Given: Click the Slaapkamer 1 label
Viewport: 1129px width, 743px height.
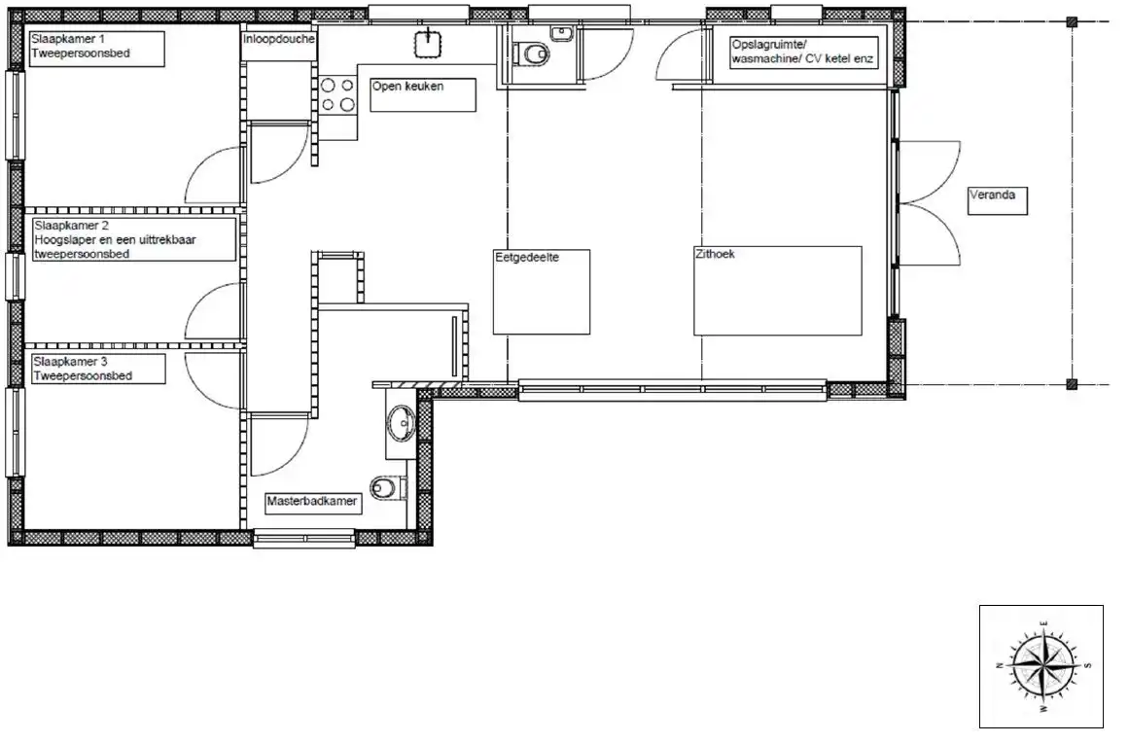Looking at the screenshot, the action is (97, 49).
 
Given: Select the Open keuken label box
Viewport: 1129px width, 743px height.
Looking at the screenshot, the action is (423, 95).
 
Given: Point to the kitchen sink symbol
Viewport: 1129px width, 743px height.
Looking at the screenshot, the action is (429, 43).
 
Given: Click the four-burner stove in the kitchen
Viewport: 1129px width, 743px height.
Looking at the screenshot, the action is (337, 95).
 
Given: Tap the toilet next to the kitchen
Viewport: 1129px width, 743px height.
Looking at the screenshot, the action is (532, 54).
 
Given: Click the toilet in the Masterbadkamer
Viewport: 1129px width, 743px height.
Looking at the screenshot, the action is (388, 489).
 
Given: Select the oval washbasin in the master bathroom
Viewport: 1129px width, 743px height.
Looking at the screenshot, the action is (401, 423).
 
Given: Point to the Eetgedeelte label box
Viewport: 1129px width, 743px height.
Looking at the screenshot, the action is (542, 292).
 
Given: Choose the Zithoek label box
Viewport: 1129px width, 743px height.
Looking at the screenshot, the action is (778, 291).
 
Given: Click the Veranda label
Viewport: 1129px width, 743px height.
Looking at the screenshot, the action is (998, 201).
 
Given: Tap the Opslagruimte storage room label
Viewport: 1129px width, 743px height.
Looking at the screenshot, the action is (803, 53).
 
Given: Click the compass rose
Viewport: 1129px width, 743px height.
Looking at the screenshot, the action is (1042, 665).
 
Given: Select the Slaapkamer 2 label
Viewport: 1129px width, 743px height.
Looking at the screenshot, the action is (134, 240).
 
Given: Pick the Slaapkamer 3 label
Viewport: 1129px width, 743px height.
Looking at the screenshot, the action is (98, 369).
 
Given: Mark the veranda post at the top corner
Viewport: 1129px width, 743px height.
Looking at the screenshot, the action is (1073, 22).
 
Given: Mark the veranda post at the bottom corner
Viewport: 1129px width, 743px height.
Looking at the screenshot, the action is (1073, 385).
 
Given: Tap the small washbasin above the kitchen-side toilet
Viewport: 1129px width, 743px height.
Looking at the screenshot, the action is (561, 32).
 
